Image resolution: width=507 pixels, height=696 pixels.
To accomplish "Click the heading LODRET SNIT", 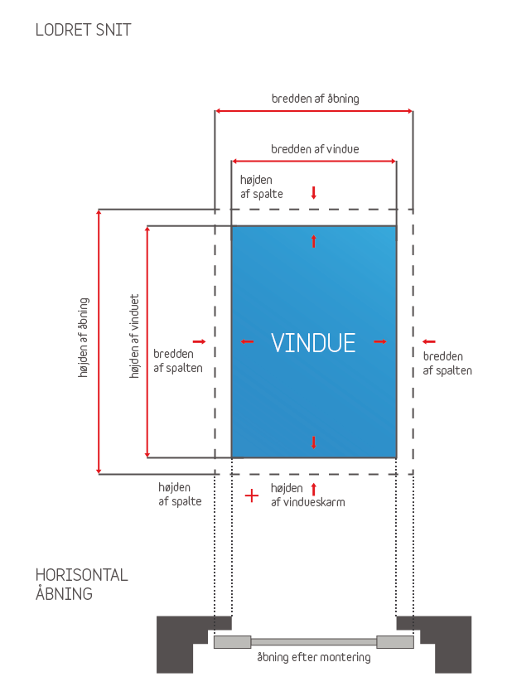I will coord(83,31).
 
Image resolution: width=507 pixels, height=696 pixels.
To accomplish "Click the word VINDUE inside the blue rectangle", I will coord(313,342).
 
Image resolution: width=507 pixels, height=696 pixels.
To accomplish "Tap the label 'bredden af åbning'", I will coord(315,99).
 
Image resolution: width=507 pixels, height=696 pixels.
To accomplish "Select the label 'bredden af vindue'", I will coord(315,150).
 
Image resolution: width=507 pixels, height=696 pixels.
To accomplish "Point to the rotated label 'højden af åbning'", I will coord(84,338).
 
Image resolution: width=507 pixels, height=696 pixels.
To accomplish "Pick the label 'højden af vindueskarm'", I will coord(307,495).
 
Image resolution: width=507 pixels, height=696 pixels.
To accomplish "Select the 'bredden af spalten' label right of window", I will coord(447,364).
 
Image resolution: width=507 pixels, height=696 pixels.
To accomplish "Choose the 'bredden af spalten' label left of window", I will coord(177,360).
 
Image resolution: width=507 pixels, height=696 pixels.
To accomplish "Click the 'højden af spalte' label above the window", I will coord(262,186).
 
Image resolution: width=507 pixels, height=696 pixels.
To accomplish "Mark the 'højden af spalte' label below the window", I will coord(180,495).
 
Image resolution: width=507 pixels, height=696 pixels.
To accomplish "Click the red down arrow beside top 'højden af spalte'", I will coord(314,193).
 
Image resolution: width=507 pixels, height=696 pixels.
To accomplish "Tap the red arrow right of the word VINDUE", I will coord(380,341).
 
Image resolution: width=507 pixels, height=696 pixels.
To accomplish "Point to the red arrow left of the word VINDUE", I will coord(247,341).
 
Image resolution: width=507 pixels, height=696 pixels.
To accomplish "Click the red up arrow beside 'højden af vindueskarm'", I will coord(313,489).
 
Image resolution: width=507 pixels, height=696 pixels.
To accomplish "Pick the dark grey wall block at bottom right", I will coord(447,643).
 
